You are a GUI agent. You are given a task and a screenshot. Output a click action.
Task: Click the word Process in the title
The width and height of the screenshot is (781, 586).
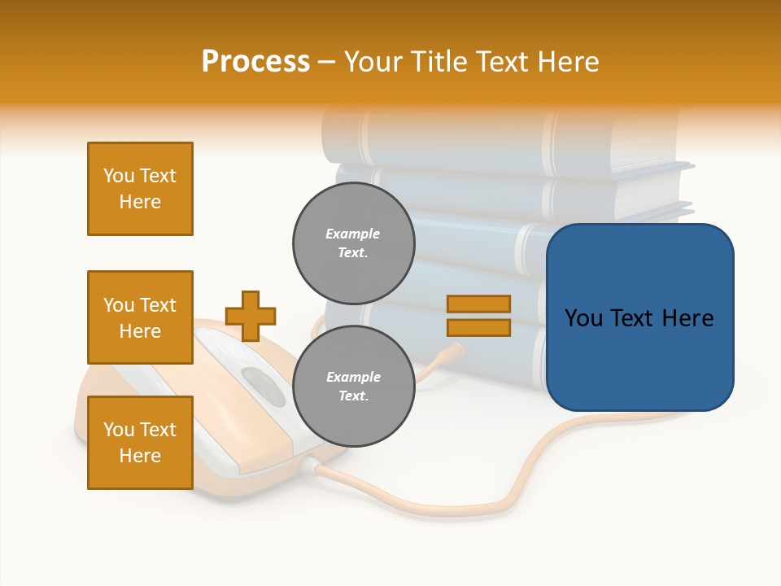click(255, 62)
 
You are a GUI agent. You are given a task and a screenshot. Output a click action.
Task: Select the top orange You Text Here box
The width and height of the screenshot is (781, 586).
click(140, 189)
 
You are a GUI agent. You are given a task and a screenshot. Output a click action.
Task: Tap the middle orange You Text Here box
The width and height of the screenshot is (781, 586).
click(140, 317)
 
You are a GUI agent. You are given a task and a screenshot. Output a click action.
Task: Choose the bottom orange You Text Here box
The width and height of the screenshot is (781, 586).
click(140, 443)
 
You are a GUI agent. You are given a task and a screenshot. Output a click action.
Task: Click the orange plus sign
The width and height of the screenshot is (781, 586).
click(251, 316)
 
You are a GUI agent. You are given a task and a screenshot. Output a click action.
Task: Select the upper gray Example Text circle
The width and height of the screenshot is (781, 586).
click(354, 243)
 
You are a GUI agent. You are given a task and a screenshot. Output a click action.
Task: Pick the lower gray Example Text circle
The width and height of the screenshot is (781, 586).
click(354, 387)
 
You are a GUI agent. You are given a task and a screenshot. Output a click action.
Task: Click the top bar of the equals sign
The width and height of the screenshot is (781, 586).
click(478, 304)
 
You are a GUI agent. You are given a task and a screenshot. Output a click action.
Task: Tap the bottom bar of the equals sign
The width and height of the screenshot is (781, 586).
click(478, 328)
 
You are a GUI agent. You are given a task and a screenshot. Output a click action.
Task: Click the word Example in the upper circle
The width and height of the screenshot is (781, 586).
click(353, 234)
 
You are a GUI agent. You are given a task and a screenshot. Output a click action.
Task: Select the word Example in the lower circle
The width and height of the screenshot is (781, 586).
click(353, 377)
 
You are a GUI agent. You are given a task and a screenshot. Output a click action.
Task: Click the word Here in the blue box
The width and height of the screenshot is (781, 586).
click(687, 318)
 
